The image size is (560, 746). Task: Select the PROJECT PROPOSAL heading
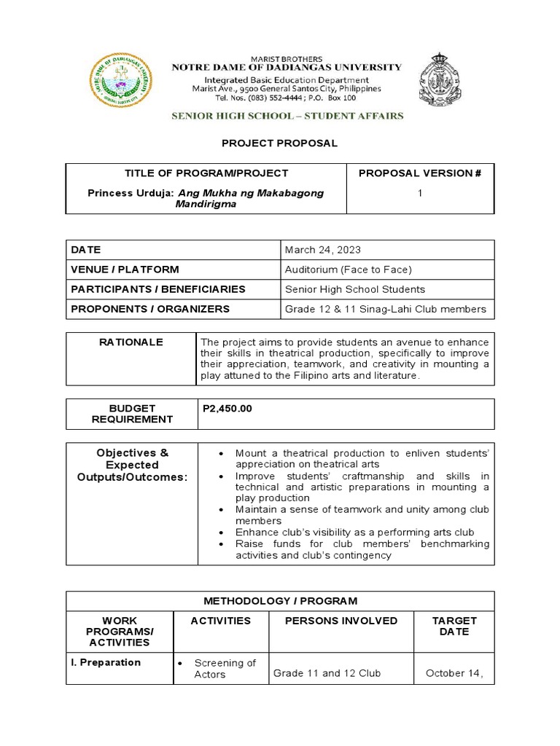tap(280, 144)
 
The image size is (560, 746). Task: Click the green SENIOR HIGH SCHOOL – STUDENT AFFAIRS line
tap(287, 116)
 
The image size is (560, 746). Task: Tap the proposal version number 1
tap(420, 193)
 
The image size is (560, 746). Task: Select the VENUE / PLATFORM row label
tap(125, 270)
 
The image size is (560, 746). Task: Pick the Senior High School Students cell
tap(354, 289)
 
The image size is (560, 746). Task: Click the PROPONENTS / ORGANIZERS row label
tap(150, 309)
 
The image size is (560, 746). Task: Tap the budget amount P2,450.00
tap(227, 409)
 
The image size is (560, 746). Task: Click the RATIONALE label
tap(131, 342)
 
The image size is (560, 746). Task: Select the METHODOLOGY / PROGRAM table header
tap(280, 601)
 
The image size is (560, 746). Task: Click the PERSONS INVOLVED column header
tap(341, 621)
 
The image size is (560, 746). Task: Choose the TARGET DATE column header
tap(454, 626)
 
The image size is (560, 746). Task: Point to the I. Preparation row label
tap(106, 662)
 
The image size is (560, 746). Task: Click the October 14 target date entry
tap(454, 673)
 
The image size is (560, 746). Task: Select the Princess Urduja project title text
tap(206, 199)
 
